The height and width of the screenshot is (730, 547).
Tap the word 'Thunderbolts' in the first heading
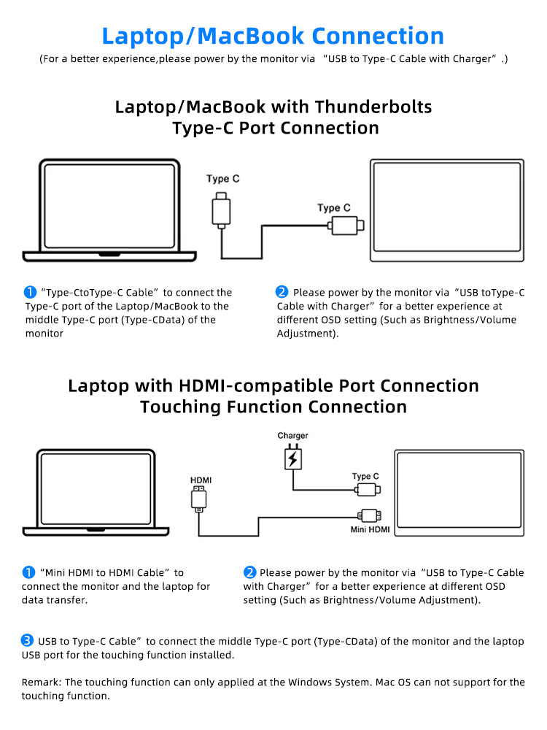(x=373, y=107)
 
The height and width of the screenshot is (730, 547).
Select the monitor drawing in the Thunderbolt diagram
(x=446, y=210)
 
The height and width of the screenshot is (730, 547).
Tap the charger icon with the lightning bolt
(x=292, y=458)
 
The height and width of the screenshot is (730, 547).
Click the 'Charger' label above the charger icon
(x=292, y=436)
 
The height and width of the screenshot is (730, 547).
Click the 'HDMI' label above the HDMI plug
(x=201, y=480)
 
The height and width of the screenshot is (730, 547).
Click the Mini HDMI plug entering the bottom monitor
(x=369, y=515)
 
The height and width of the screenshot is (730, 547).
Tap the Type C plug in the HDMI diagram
(x=367, y=489)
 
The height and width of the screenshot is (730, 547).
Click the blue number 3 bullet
(x=28, y=640)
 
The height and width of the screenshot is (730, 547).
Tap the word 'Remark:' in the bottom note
(x=42, y=683)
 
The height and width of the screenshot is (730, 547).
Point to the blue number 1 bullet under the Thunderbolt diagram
(x=31, y=292)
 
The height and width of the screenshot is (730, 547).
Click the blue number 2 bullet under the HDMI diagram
(x=249, y=572)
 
